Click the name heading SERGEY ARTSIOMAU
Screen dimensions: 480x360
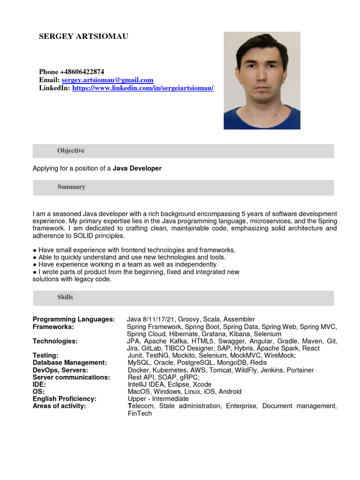83,37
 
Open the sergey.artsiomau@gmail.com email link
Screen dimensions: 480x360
107,80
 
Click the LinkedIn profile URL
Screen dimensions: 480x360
142,88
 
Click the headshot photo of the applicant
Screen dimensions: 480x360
262,80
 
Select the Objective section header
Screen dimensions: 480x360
71,151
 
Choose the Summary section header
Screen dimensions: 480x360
71,187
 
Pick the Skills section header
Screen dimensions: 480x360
65,297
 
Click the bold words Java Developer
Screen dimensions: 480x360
137,168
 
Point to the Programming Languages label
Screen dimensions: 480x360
74,319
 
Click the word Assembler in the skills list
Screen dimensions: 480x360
239,319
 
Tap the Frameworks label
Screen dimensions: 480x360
53,327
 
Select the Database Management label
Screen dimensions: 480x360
70,363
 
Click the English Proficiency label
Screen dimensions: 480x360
65,399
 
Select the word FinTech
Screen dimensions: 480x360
140,413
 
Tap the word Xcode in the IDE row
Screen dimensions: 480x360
202,384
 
